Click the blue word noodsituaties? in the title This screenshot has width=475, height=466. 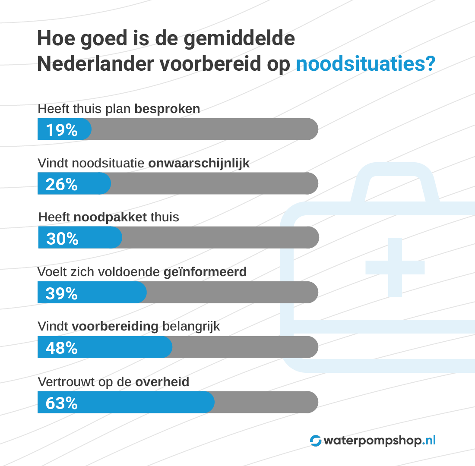tap(365, 64)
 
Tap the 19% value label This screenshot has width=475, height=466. tap(61, 129)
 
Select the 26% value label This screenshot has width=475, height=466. tap(61, 184)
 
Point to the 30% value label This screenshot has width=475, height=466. tap(62, 238)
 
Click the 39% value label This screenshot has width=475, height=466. tap(61, 293)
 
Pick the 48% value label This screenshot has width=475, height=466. tap(61, 348)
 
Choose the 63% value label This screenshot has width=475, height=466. tap(61, 403)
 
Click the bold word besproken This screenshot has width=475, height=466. tap(167, 109)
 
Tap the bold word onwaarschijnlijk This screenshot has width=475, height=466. tap(199, 164)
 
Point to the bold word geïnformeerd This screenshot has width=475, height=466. tap(205, 272)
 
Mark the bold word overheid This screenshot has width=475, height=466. tap(162, 382)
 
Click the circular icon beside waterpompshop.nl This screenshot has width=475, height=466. tap(316, 441)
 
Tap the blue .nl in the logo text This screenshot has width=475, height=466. tap(428, 440)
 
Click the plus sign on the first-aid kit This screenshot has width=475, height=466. tap(395, 268)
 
